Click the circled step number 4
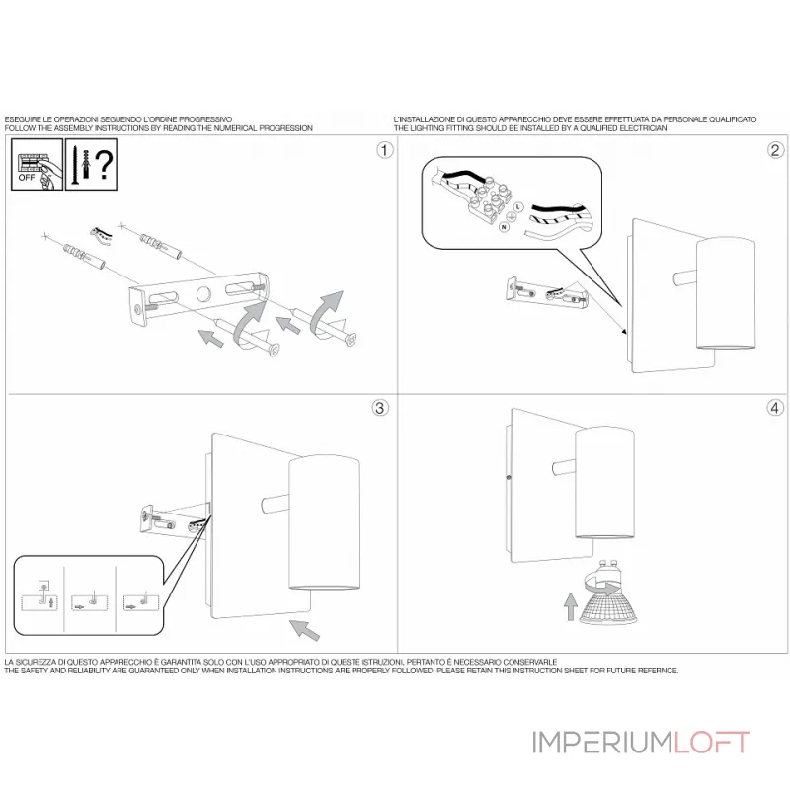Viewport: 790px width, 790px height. (775, 408)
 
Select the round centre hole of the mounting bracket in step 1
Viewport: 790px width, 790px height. (203, 294)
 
